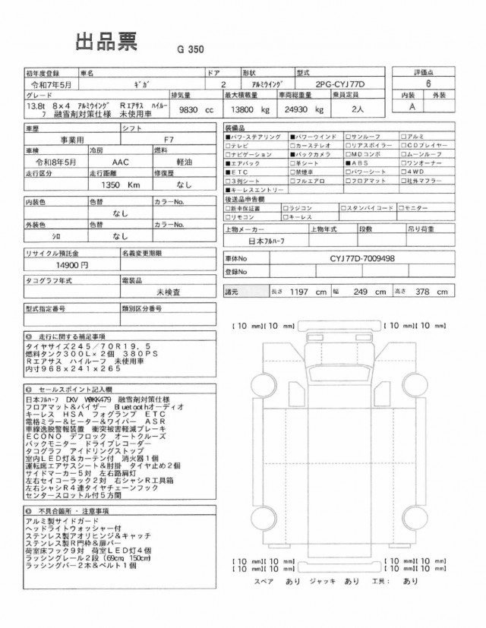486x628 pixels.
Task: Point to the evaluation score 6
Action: (428, 86)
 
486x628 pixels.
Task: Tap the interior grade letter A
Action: (413, 108)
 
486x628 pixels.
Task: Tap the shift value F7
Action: (169, 141)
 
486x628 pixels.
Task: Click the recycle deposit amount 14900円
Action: (73, 266)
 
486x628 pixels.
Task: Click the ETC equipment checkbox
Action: (228, 172)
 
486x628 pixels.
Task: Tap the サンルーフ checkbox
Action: (347, 136)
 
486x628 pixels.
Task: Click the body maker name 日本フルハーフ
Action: (262, 241)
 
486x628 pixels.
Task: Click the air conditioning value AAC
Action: (120, 163)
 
